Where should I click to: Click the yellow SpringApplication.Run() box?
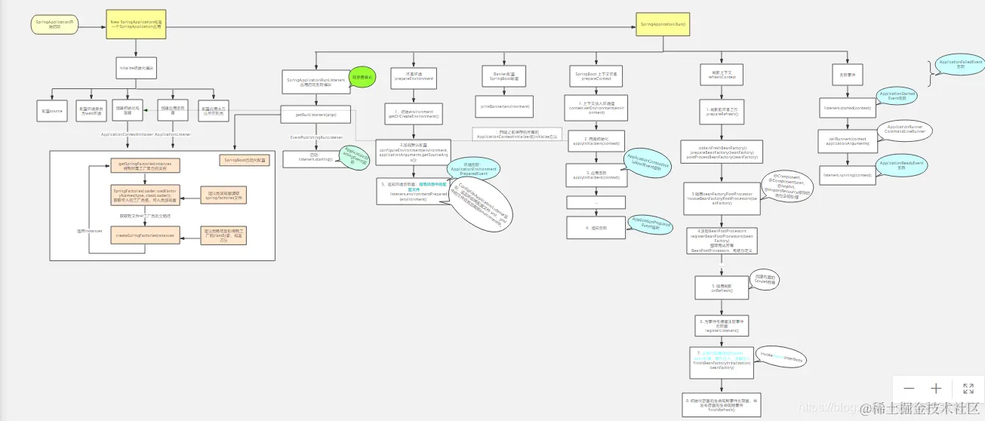(663, 25)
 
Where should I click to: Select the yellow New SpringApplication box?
(136, 25)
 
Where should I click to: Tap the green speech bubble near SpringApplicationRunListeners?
(361, 76)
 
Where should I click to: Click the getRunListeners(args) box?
(315, 115)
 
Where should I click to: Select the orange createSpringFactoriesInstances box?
(145, 235)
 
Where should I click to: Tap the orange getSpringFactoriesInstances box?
(145, 166)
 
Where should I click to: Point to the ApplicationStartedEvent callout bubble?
(897, 96)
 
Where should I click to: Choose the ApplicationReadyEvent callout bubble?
(900, 165)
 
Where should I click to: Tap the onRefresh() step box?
(722, 287)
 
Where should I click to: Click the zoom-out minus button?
(909, 389)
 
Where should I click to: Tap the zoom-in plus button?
(936, 389)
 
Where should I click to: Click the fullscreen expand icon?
(968, 389)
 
